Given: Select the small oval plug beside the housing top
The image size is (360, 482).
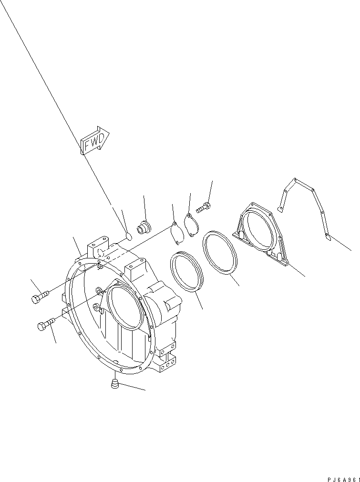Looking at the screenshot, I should point(128,235).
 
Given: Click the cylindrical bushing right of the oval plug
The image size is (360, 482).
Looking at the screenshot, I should point(143,227).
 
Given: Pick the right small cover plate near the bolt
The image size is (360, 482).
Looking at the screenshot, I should point(192,224).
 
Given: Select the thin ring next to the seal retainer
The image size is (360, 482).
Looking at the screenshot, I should point(221,255).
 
